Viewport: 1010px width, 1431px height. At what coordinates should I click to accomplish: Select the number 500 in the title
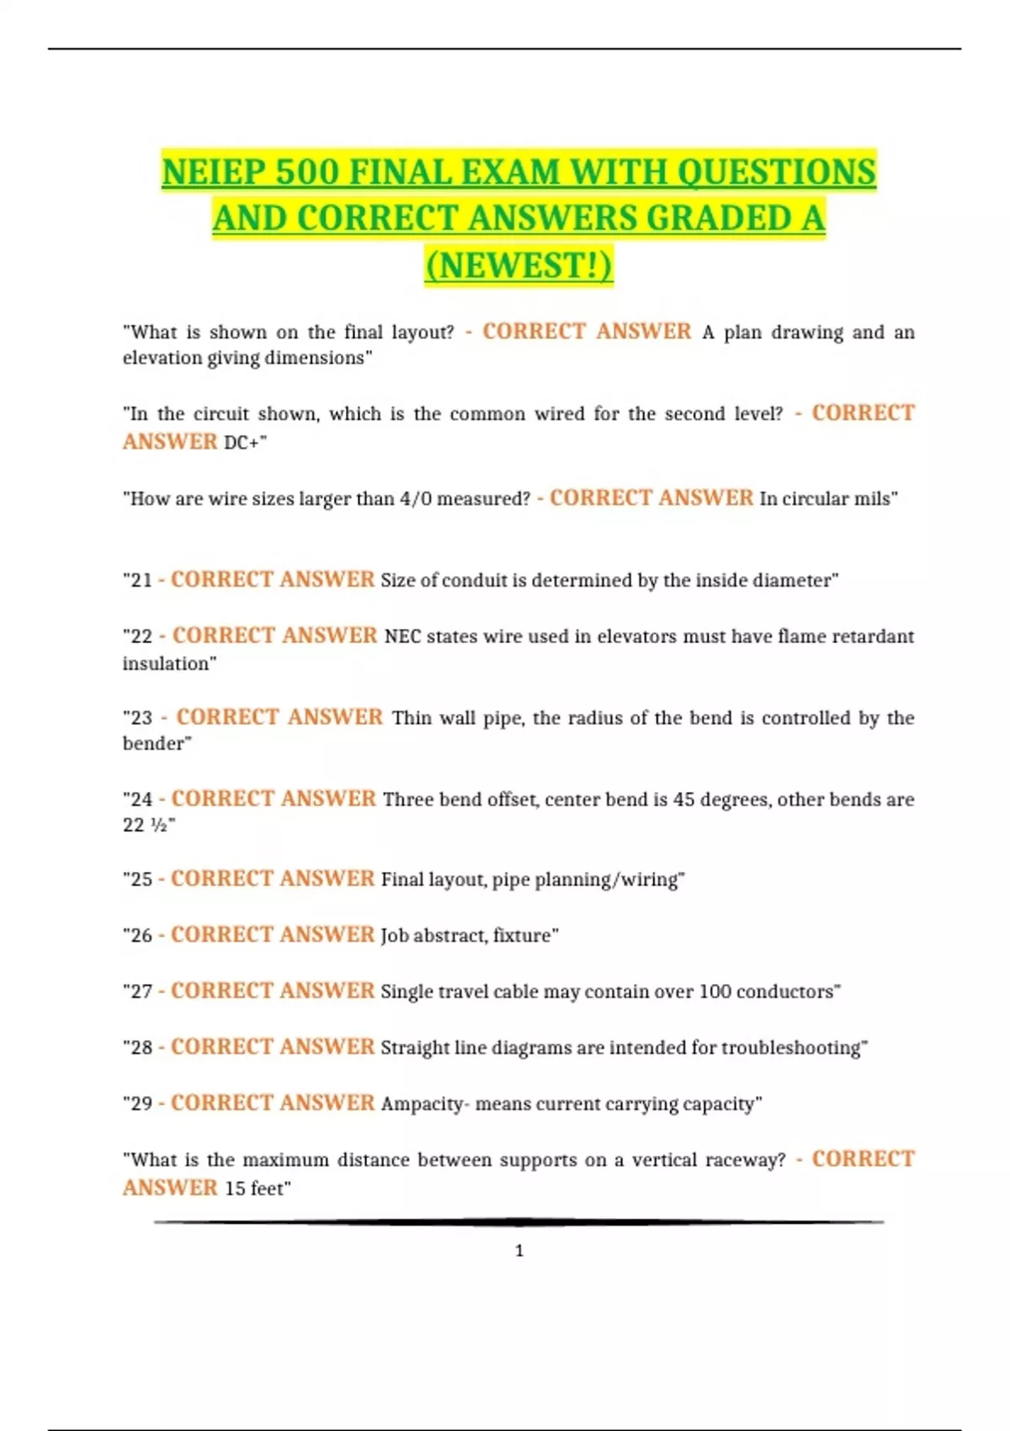[307, 173]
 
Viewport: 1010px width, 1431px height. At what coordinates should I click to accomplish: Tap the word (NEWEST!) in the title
[518, 265]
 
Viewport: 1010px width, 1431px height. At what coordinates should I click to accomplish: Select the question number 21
[141, 581]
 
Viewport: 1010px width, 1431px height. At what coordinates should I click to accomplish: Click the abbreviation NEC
[402, 636]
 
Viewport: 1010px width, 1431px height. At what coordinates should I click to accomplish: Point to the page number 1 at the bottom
[519, 1251]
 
